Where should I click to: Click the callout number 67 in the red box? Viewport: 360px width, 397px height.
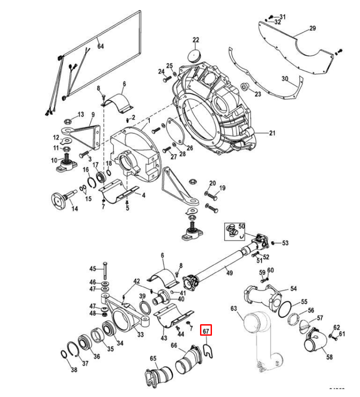point(206,330)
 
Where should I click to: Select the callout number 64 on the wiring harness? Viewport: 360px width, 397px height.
point(100,46)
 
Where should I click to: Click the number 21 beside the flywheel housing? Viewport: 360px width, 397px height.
point(272,133)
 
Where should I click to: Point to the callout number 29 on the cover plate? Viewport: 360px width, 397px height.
point(312,29)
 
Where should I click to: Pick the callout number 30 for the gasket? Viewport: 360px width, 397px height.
point(286,79)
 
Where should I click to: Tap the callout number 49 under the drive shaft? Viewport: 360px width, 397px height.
point(229,273)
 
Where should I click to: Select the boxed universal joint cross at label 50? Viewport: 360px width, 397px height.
point(232,230)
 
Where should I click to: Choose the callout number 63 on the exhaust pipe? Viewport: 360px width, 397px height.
point(234,309)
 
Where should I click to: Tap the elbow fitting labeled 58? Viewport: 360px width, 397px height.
point(315,342)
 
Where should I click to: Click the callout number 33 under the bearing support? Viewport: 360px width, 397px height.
point(140,335)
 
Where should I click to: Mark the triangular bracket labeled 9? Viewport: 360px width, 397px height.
point(86,135)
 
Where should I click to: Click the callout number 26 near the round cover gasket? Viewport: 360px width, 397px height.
point(189,148)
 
